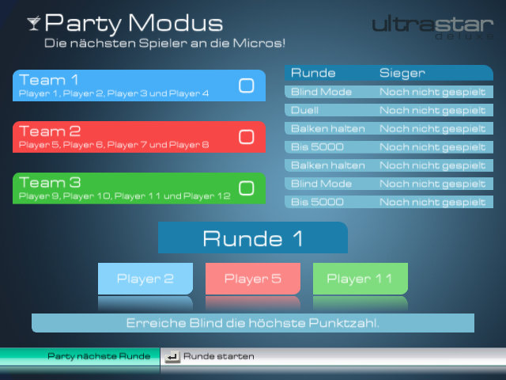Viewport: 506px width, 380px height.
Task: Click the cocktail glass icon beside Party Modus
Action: [x=34, y=23]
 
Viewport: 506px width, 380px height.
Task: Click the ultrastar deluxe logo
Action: [x=432, y=27]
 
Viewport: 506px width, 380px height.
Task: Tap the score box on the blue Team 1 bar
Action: [x=246, y=85]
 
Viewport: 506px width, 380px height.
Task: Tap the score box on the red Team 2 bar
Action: [x=246, y=137]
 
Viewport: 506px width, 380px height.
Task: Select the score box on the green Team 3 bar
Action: [x=246, y=188]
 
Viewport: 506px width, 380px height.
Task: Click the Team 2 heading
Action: [x=50, y=131]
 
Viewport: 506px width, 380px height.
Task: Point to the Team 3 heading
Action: [x=50, y=183]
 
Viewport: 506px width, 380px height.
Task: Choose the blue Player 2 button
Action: [x=145, y=279]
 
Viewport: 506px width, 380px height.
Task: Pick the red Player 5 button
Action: [x=253, y=279]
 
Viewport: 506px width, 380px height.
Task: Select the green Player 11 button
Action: [x=361, y=279]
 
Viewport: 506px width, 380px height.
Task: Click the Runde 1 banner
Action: [x=253, y=237]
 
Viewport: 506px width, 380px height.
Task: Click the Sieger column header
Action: [x=402, y=73]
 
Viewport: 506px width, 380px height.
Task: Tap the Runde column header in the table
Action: [x=313, y=73]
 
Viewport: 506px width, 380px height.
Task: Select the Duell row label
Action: [x=304, y=110]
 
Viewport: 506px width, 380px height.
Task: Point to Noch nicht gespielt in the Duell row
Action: [x=432, y=111]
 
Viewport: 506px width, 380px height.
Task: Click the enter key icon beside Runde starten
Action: [x=172, y=357]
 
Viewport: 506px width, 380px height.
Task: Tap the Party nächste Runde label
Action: [x=99, y=356]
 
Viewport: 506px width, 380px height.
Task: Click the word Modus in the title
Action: [x=176, y=23]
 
